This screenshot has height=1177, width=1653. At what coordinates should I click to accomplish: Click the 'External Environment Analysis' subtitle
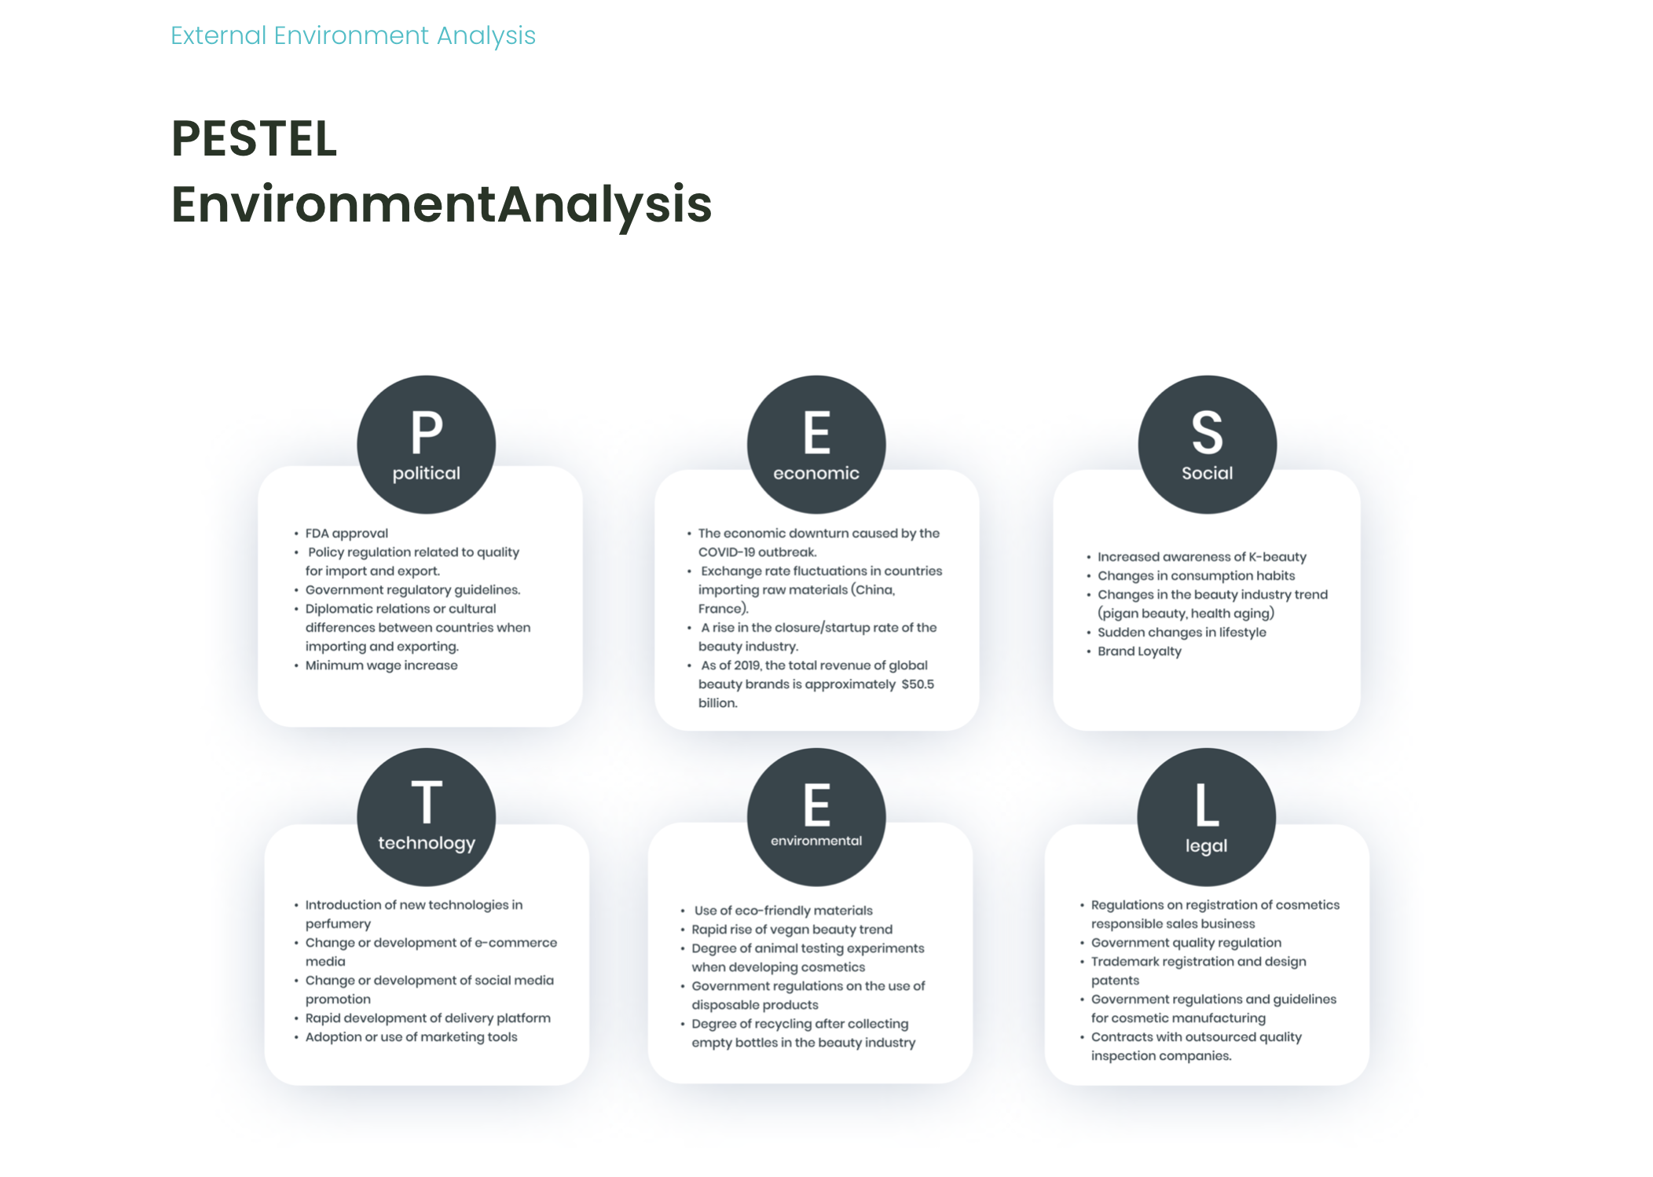(x=353, y=36)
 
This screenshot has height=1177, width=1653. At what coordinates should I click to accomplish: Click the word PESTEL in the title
(x=255, y=138)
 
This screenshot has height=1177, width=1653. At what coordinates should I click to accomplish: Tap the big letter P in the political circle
(x=427, y=432)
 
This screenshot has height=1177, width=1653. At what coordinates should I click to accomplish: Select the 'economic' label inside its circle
(x=816, y=473)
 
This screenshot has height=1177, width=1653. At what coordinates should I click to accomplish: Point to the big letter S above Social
(x=1208, y=432)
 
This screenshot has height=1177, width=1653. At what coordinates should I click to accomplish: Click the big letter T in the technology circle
(x=427, y=802)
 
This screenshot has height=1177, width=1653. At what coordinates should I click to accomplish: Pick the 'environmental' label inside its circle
(x=816, y=841)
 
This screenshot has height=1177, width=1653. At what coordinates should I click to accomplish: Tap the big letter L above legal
(x=1207, y=805)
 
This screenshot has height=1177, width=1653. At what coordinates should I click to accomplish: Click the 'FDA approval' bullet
(x=346, y=533)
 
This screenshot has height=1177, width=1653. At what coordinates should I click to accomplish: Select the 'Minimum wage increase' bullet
(x=381, y=665)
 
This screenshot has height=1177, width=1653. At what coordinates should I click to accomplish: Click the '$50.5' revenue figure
(x=918, y=684)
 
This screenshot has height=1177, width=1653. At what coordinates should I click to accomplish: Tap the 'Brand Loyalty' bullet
(x=1139, y=651)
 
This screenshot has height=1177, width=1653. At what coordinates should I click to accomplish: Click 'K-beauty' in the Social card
(x=1277, y=557)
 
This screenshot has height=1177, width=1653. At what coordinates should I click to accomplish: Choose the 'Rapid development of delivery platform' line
(x=427, y=1018)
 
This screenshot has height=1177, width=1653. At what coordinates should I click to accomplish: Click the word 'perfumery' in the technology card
(x=338, y=924)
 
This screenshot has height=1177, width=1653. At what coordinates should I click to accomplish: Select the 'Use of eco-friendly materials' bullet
(x=783, y=911)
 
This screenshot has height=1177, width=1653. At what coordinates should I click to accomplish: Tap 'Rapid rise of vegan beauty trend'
(x=792, y=929)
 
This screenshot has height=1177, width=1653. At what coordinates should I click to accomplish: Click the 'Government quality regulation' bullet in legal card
(x=1186, y=943)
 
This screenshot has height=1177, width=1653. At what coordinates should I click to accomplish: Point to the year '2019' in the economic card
(x=746, y=665)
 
